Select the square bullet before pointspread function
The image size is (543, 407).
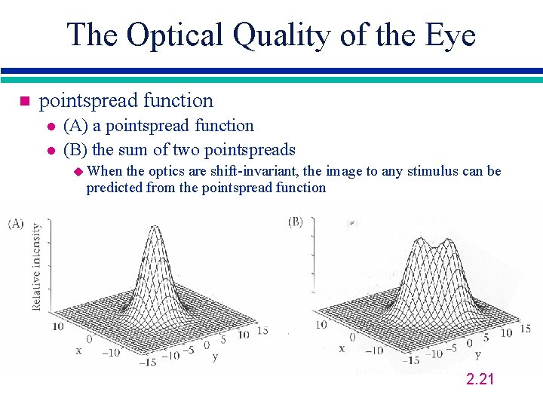(x=23, y=101)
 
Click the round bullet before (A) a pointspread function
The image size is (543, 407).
(x=50, y=127)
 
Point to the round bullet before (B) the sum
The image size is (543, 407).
(x=50, y=151)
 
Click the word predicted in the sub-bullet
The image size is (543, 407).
(x=115, y=188)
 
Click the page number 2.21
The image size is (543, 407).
(x=480, y=379)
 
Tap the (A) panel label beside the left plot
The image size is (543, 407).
(x=16, y=224)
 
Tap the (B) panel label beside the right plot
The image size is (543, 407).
(x=296, y=222)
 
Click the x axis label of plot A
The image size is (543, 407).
(x=78, y=350)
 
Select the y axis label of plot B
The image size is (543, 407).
(x=477, y=353)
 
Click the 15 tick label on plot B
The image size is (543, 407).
(x=525, y=329)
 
